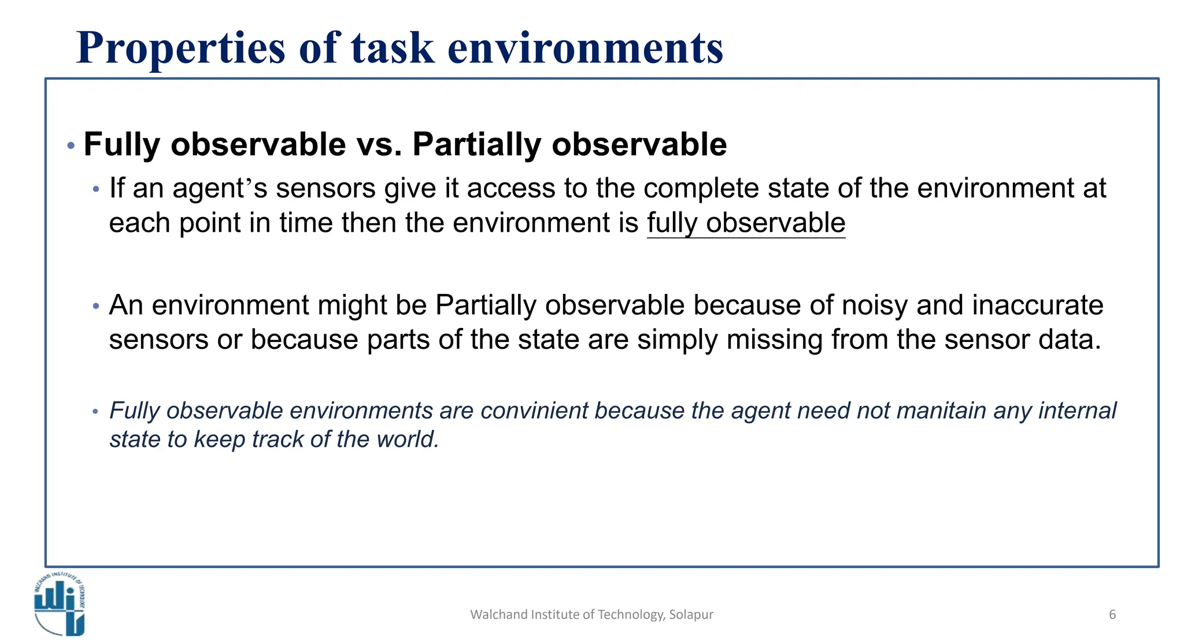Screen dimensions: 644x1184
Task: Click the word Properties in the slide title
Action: (181, 48)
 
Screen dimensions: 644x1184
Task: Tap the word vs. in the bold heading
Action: (379, 144)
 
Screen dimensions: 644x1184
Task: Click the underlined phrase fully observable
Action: (746, 223)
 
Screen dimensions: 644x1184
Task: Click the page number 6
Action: (1112, 615)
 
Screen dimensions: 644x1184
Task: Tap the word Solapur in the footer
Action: (691, 615)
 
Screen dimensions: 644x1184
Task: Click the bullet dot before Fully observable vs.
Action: (71, 146)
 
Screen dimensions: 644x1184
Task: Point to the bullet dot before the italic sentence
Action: (96, 412)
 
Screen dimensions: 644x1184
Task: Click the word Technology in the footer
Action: (630, 615)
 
